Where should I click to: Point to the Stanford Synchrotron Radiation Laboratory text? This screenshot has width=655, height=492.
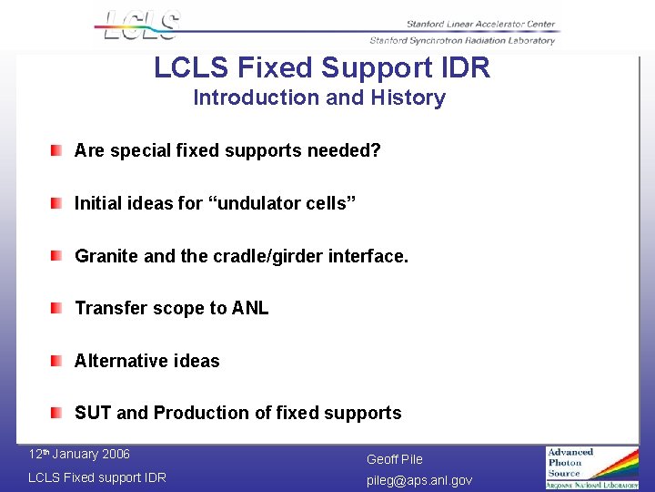(x=462, y=40)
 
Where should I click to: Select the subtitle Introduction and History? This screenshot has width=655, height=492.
(x=319, y=97)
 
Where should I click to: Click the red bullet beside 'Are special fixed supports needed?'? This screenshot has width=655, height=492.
(x=57, y=149)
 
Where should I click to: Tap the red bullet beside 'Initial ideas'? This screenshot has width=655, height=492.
(x=57, y=202)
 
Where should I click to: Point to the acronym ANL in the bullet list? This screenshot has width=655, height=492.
(x=250, y=308)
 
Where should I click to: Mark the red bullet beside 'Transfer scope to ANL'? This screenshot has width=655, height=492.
(x=57, y=308)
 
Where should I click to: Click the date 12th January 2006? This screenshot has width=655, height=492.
(x=79, y=455)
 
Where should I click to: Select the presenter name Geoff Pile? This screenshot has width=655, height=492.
(x=395, y=459)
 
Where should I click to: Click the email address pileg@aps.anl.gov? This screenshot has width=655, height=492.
(x=419, y=479)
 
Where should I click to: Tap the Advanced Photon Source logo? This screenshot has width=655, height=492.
(x=592, y=467)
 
